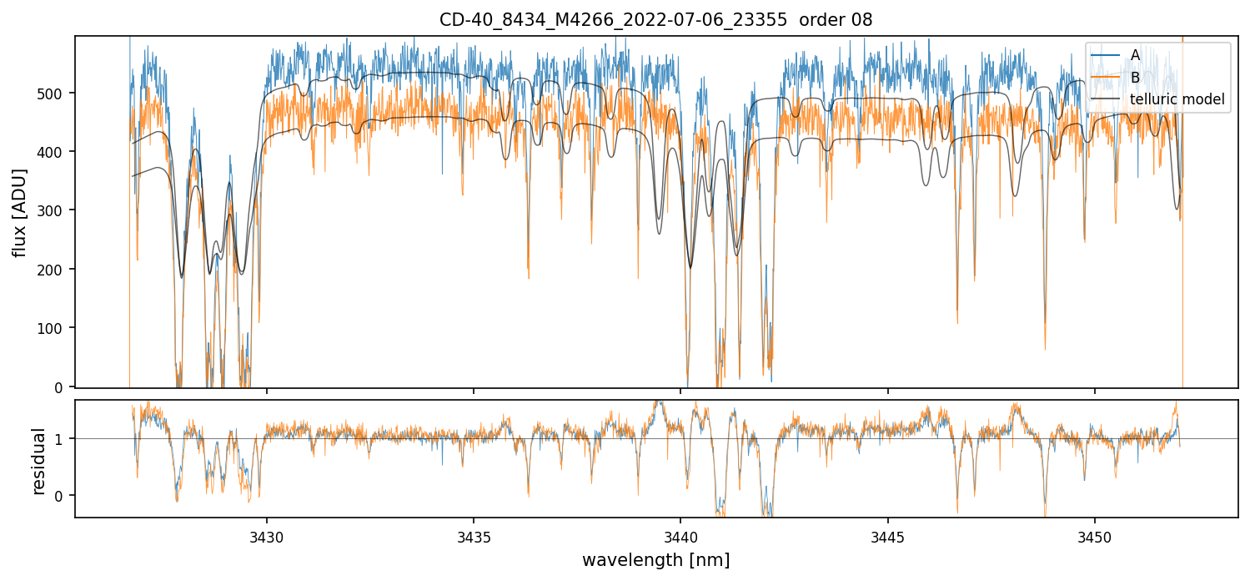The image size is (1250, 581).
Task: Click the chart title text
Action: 655,20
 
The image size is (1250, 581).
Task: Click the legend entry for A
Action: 1135,55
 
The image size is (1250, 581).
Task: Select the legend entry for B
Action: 1135,78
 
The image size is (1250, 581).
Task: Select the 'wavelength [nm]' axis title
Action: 655,559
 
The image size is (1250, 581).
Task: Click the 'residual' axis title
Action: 38,461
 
